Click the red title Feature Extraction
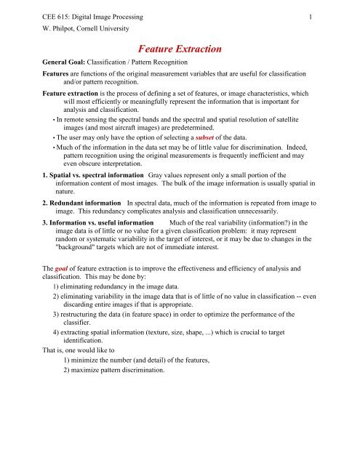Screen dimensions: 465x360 point(180,50)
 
